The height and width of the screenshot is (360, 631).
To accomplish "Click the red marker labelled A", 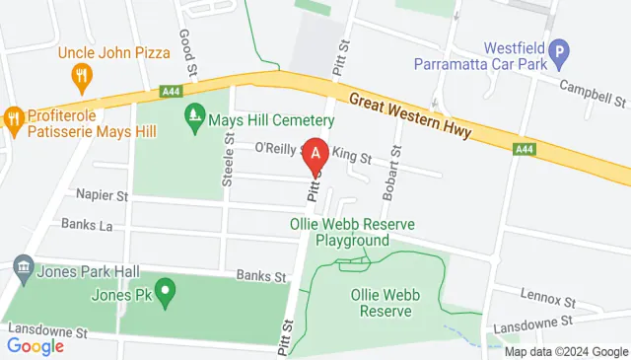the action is pos(315,155).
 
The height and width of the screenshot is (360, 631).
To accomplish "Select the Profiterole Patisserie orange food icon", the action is pos(14,118).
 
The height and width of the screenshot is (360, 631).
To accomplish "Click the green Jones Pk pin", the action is pos(166,292).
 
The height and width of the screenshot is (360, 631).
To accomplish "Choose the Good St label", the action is pos(185,48).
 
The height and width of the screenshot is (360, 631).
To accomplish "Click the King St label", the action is pos(352,157).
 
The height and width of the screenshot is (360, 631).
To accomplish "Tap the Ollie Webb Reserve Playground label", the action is pos(352,232).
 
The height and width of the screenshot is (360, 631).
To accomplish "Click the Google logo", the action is pos(35,346).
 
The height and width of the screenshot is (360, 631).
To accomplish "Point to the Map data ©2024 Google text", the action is pos(566,351).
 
